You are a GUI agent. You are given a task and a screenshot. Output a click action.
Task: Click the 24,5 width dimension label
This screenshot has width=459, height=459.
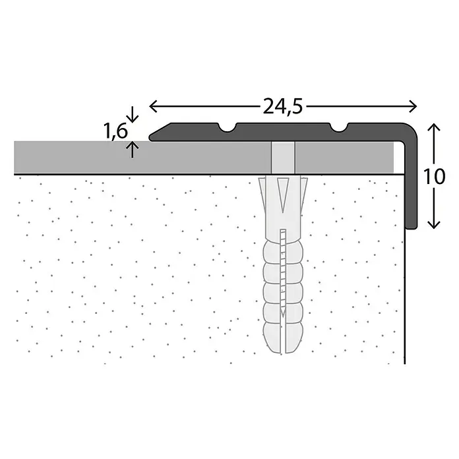click(x=282, y=107)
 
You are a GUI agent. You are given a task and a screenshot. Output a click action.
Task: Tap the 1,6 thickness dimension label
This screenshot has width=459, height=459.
click(x=116, y=131)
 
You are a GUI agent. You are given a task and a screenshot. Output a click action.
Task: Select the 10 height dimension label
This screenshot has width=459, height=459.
click(x=434, y=177)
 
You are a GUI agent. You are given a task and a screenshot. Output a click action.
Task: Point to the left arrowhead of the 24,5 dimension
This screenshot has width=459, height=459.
click(x=154, y=106)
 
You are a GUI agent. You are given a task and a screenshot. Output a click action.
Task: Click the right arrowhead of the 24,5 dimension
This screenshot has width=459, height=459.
click(x=412, y=106)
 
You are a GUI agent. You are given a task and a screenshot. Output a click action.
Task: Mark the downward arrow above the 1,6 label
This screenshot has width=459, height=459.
click(x=133, y=115)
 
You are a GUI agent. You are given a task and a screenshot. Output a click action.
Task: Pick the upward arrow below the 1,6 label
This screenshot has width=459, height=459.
click(x=133, y=149)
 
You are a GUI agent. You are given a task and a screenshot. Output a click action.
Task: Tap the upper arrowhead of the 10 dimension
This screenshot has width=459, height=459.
click(x=434, y=128)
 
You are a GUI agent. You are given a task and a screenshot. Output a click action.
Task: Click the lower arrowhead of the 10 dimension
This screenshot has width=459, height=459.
click(x=434, y=224)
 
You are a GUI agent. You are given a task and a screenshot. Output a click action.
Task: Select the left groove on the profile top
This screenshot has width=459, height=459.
click(x=228, y=128)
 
